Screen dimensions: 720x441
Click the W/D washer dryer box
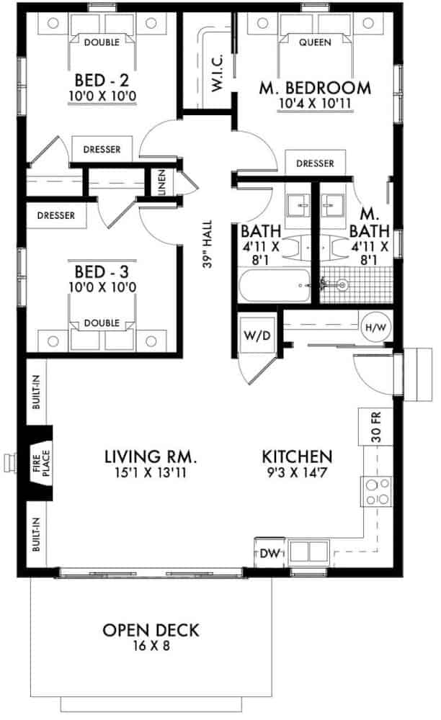(x=254, y=335)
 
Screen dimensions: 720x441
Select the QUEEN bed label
(x=315, y=42)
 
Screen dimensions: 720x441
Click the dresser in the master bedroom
(x=315, y=163)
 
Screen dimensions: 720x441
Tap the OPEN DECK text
(x=151, y=631)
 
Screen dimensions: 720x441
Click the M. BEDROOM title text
(x=315, y=89)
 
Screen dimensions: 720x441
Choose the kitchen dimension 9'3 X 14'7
(x=297, y=472)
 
